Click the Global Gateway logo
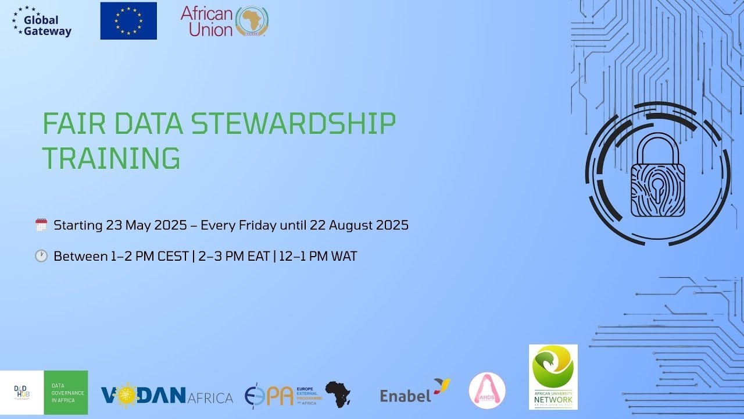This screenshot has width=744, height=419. (x=41, y=22)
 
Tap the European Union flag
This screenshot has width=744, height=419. (x=128, y=21)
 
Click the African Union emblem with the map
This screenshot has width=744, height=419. (x=252, y=22)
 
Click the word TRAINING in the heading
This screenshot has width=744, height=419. (x=111, y=158)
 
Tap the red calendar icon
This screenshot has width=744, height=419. (x=41, y=225)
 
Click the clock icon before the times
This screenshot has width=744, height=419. (x=41, y=256)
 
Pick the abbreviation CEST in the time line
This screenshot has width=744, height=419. (x=173, y=256)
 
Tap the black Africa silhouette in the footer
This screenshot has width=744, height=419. (x=338, y=394)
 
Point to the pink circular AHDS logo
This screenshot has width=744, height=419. (x=487, y=390)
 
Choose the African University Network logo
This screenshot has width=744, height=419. (x=553, y=377)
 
